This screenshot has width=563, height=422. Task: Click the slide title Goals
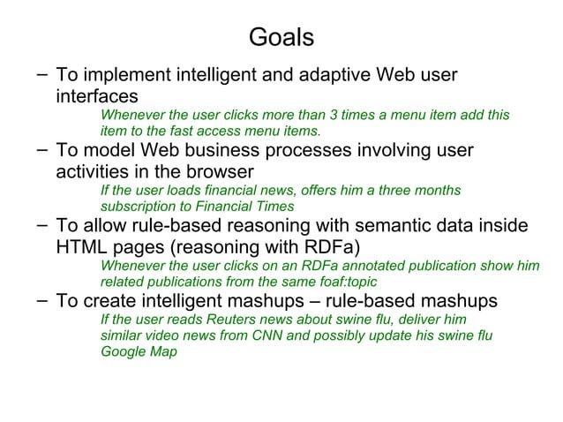pos(281,37)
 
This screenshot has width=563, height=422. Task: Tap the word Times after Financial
pos(275,207)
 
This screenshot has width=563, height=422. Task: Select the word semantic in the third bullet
pos(390,227)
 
